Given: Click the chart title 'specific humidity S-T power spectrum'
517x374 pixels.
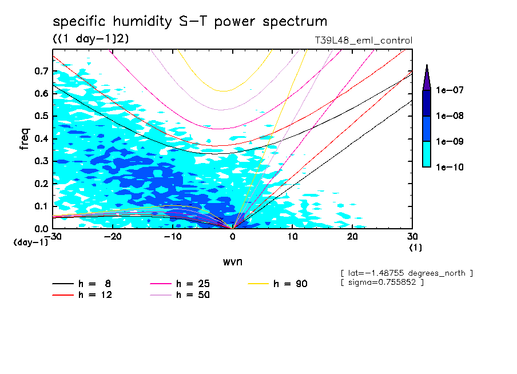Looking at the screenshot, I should (190, 22).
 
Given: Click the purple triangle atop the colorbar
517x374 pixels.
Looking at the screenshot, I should (426, 77).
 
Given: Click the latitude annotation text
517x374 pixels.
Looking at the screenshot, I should (406, 273).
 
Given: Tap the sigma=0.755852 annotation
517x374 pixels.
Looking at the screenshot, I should (381, 283).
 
